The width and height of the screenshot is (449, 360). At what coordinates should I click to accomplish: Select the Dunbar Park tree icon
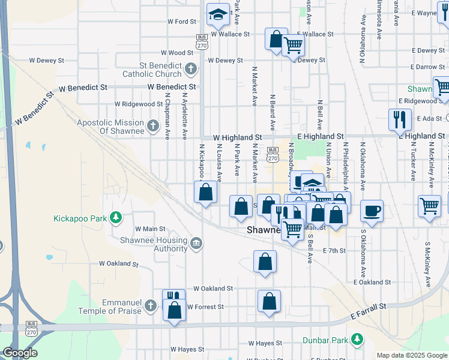click(x=357, y=340)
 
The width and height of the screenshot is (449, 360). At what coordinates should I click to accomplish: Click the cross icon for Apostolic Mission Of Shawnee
click(x=153, y=126)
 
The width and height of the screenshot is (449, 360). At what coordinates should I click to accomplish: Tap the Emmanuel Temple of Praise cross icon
click(x=151, y=306)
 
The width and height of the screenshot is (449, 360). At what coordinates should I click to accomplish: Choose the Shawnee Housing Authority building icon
click(x=196, y=244)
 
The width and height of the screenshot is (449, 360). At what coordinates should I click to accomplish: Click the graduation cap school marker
click(x=218, y=14)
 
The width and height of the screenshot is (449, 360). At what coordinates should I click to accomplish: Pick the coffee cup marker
click(x=372, y=211)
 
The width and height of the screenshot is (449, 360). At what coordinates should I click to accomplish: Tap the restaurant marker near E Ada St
click(x=399, y=119)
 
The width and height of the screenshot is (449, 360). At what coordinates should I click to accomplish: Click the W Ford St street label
click(x=182, y=22)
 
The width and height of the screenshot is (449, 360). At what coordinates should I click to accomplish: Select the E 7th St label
click(x=334, y=251)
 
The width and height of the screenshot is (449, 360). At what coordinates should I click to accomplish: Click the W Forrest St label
click(x=205, y=307)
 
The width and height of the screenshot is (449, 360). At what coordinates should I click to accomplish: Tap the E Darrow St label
click(x=429, y=67)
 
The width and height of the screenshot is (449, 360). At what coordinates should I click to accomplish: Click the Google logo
click(x=20, y=353)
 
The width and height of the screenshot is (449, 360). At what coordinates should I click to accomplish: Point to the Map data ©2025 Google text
click(x=411, y=355)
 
